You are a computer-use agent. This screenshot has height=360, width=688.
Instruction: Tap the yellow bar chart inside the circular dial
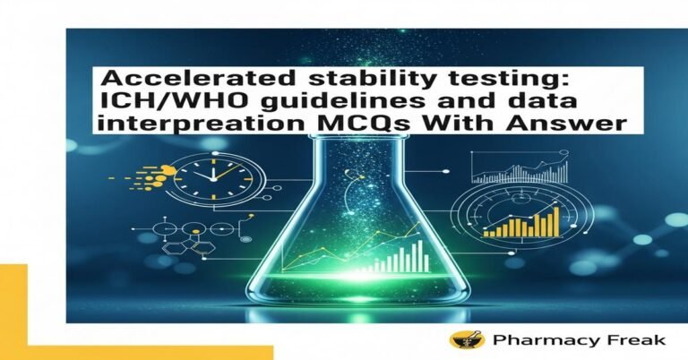521,222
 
